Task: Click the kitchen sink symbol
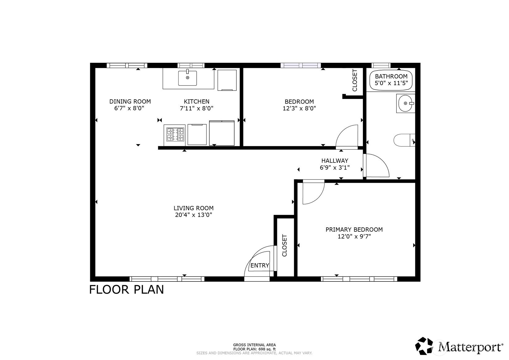coord(187,78)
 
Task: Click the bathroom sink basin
coord(405,104)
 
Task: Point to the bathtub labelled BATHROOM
coord(391,80)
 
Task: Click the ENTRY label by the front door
coord(260,265)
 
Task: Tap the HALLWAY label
coord(335,161)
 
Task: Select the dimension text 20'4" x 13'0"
coord(193,215)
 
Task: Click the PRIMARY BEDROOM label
coord(354,229)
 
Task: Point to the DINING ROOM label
coord(130,101)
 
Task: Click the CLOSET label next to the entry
coord(285,246)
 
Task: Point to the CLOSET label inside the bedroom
coord(355,80)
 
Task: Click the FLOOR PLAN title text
coord(126,289)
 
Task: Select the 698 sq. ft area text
coord(254,349)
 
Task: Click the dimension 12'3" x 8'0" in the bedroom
coord(299,109)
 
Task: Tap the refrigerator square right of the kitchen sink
coord(227,80)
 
